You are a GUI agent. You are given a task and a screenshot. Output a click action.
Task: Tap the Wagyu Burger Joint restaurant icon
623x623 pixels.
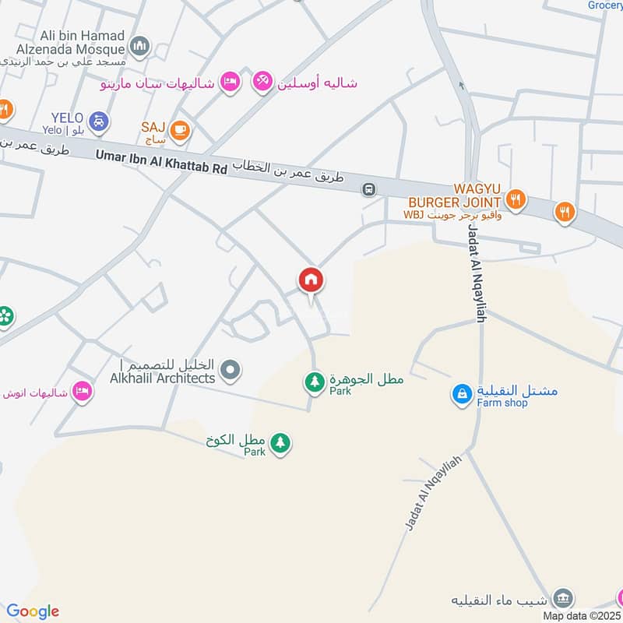(x=515, y=201)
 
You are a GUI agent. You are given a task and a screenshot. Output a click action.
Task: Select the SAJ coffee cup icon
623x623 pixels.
(x=180, y=130)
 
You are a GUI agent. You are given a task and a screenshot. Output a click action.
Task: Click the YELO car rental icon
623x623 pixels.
(x=99, y=121)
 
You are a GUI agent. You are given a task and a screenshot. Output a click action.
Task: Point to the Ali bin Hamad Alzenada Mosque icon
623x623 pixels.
(x=140, y=47)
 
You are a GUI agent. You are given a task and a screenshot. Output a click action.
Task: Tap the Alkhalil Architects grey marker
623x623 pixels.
(x=230, y=371)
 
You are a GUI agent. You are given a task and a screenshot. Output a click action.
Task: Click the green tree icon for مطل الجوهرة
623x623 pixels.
(x=314, y=382)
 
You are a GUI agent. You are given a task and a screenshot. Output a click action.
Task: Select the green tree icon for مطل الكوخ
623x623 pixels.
(x=280, y=444)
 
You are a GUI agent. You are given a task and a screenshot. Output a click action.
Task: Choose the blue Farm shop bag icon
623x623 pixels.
(x=462, y=395)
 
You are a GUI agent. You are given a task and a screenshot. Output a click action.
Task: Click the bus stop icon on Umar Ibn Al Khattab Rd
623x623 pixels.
(x=369, y=189)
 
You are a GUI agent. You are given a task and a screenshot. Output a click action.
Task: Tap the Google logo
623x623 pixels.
(x=33, y=611)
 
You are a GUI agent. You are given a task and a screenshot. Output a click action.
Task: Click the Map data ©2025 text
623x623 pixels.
(x=582, y=616)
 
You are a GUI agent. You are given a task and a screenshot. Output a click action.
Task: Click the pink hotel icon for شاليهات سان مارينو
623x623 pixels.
(x=229, y=82)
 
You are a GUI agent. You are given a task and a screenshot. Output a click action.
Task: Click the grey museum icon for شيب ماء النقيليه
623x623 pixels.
(x=563, y=598)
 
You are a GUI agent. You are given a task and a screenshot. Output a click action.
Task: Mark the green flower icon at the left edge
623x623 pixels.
(x=5, y=316)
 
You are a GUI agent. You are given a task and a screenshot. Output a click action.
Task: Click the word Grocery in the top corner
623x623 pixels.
(x=605, y=5)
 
